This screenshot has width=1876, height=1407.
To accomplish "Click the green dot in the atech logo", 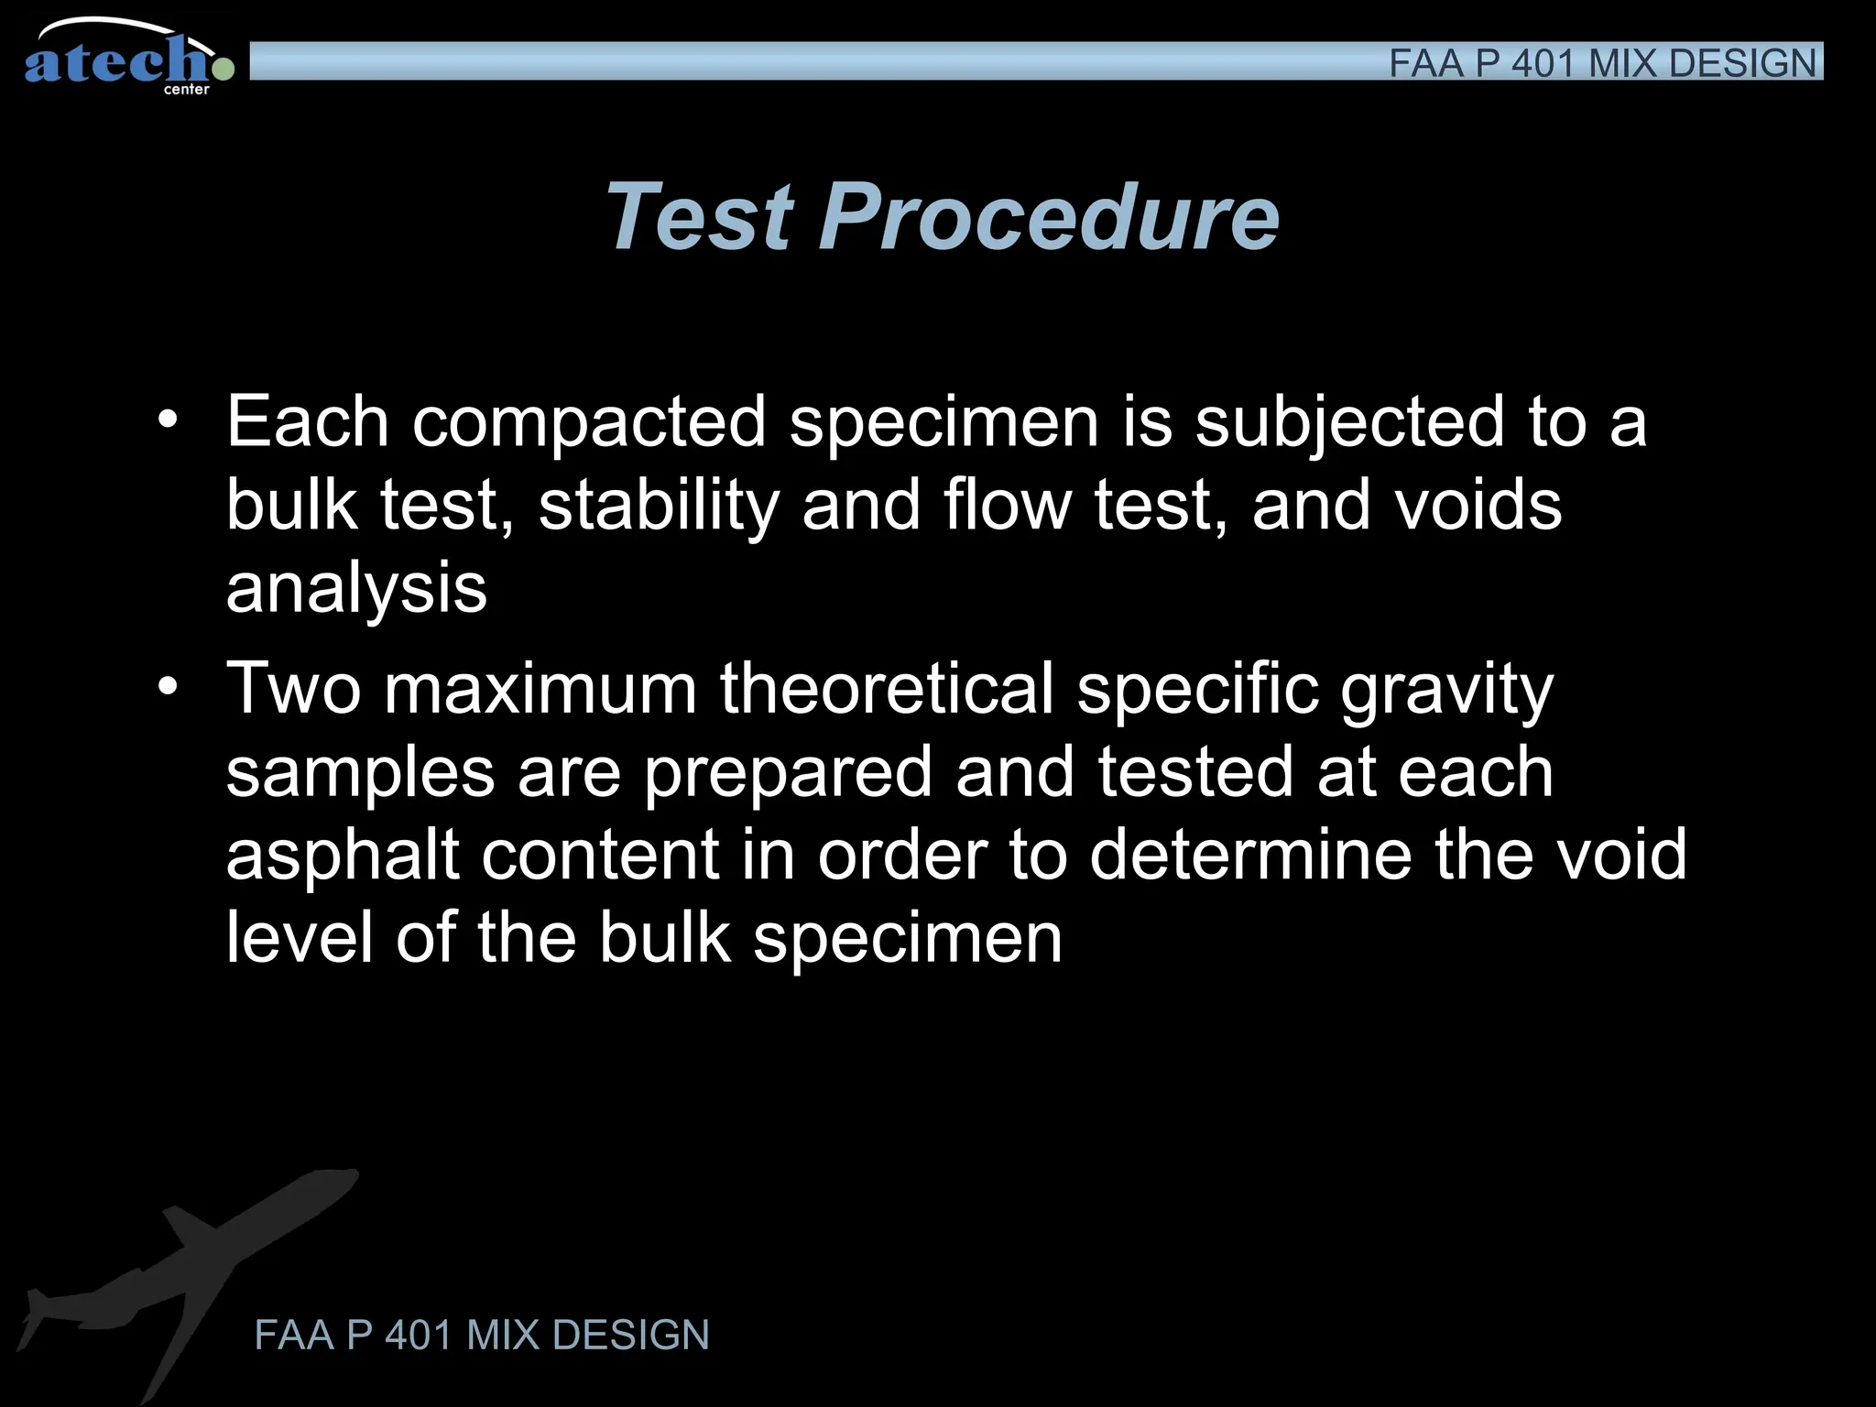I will click(223, 68).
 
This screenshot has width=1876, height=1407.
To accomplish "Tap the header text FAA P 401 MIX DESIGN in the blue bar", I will click(1601, 63).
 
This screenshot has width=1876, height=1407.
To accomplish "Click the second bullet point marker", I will click(167, 687).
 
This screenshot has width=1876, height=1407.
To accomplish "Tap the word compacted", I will click(589, 422).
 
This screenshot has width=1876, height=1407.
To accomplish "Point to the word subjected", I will click(1349, 422).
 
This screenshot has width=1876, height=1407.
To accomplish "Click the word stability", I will click(657, 505).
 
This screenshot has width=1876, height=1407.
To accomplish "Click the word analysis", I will click(356, 589).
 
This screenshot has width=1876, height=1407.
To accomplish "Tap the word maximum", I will click(540, 689).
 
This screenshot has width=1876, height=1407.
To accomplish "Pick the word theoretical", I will click(886, 689).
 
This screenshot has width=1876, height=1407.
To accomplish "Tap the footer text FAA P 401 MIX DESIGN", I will click(482, 1335).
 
